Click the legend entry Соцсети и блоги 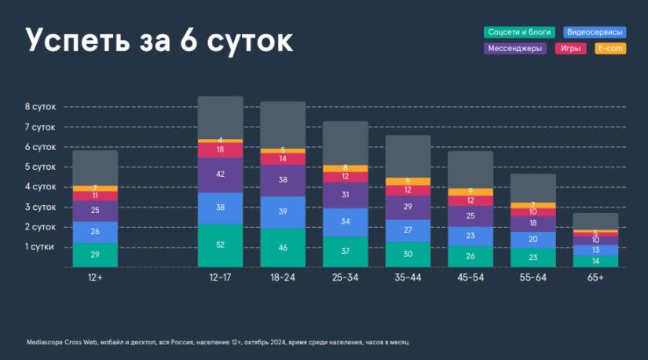(x=519, y=32)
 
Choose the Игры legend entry (x=571, y=49)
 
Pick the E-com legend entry (x=610, y=49)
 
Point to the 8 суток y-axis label (x=40, y=107)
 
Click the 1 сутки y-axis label (x=40, y=247)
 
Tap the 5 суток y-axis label (x=40, y=167)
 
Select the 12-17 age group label (x=220, y=277)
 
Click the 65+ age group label (x=595, y=277)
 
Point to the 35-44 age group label (x=408, y=277)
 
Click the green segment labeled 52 (x=220, y=245)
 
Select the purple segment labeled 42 (x=220, y=174)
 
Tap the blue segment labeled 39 (x=283, y=212)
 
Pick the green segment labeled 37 (x=345, y=252)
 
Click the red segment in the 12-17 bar (x=220, y=149)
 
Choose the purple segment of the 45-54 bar (x=470, y=216)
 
